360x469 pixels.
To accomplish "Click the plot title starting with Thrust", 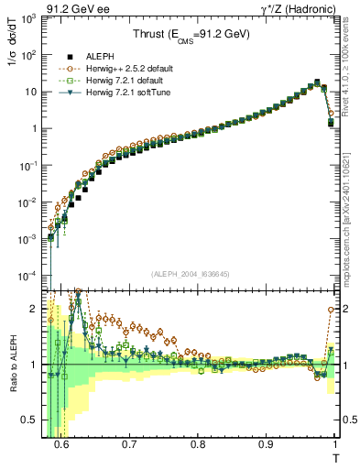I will coord(190,35).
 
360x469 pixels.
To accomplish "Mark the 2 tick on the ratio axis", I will coord(40,308).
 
